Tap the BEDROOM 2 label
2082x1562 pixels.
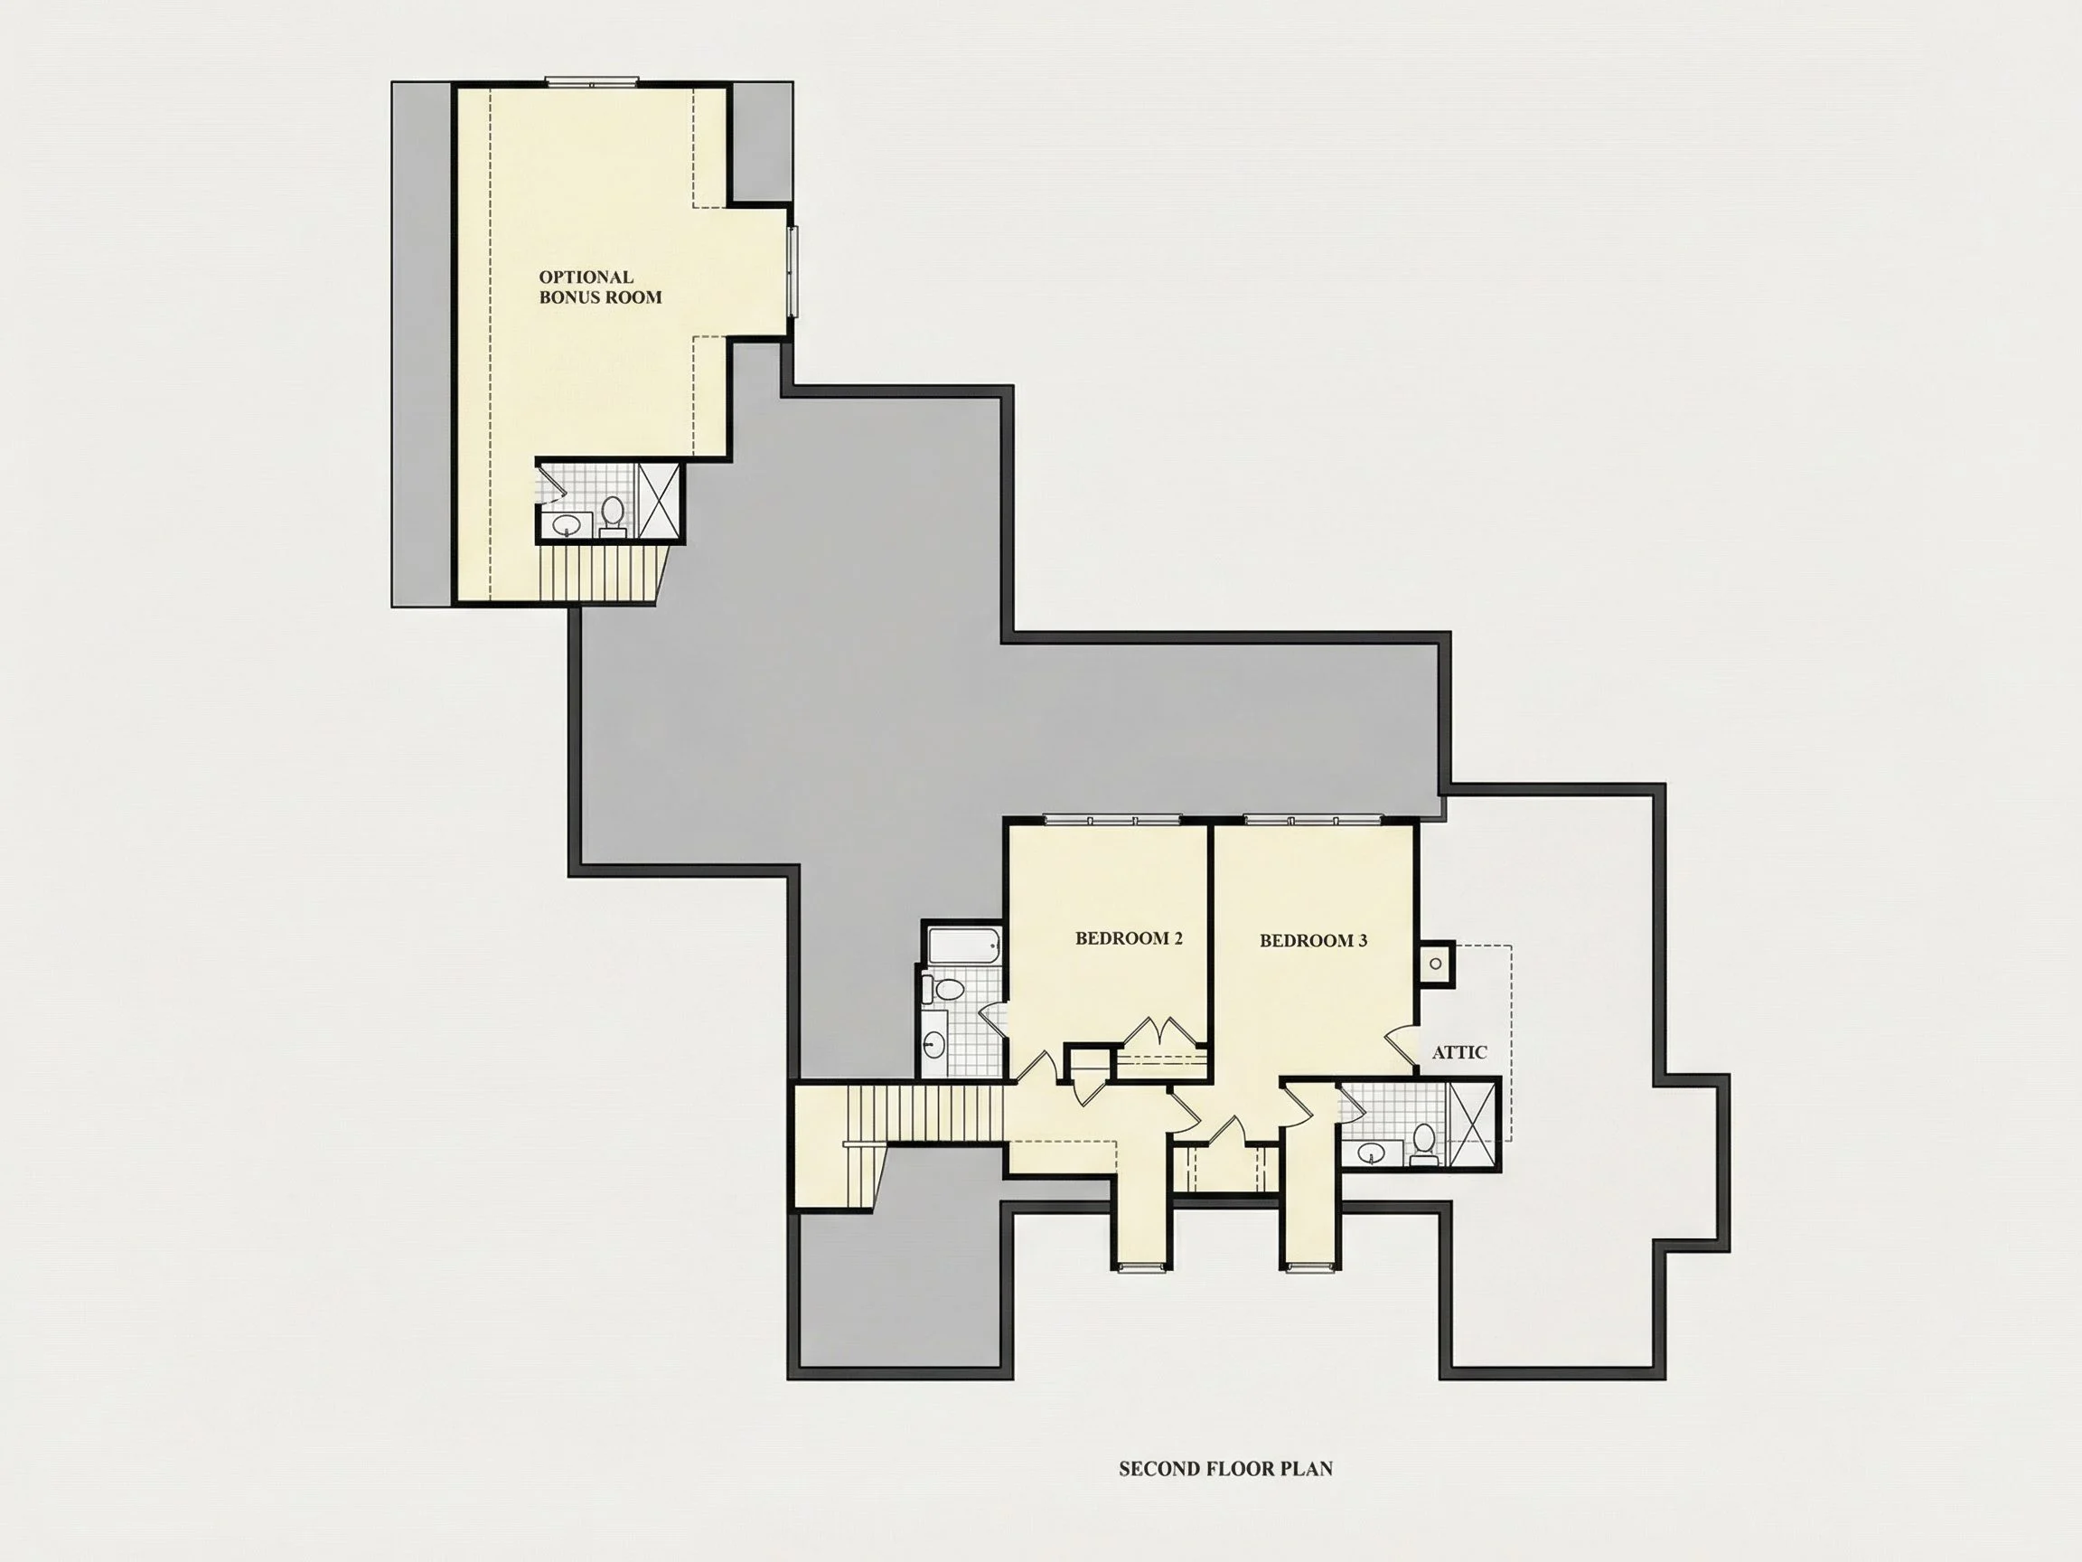tap(1129, 937)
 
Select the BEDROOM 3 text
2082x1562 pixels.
tap(1313, 940)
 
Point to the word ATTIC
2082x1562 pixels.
tap(1458, 1051)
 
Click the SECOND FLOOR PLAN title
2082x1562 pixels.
tap(1225, 1468)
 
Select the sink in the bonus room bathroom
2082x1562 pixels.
tap(567, 524)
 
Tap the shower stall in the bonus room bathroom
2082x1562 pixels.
tap(658, 501)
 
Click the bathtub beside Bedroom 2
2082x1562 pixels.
tap(964, 945)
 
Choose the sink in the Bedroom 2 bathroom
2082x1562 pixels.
tap(934, 1043)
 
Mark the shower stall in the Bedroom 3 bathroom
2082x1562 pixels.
tap(1472, 1125)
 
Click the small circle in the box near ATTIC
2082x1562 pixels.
tap(1435, 964)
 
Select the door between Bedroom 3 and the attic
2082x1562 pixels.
tap(1402, 1045)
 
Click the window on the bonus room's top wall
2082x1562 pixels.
tap(593, 82)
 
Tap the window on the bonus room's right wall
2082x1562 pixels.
tap(792, 271)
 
